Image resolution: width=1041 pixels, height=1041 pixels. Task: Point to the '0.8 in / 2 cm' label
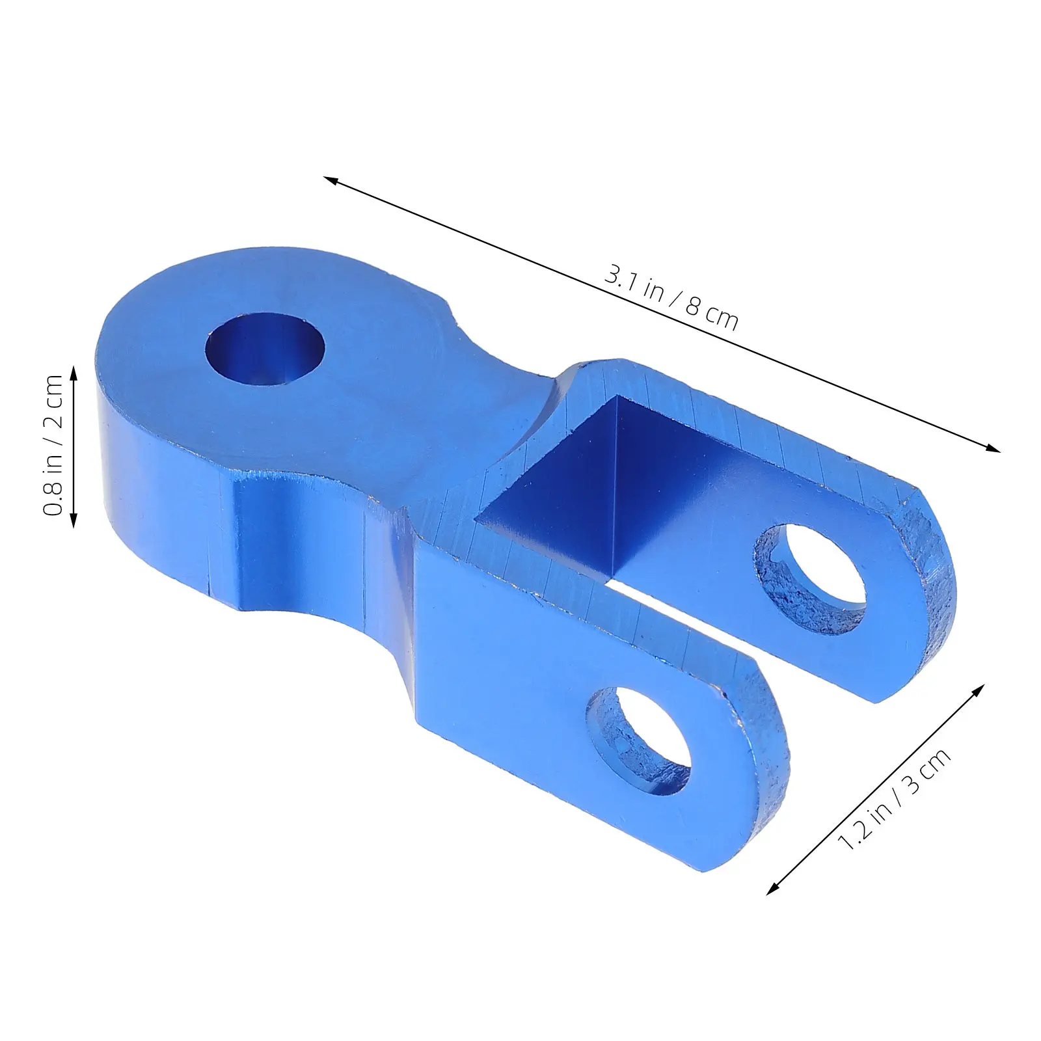pos(53,446)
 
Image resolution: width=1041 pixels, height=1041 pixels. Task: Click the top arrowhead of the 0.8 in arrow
pos(74,373)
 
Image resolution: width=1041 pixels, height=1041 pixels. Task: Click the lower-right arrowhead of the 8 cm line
pos(992,446)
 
